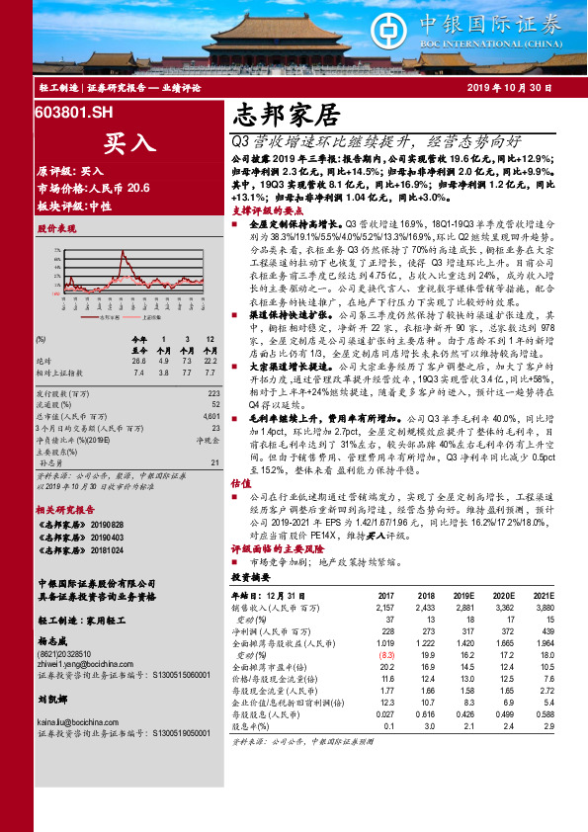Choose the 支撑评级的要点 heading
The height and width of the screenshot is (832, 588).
pos(267,210)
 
